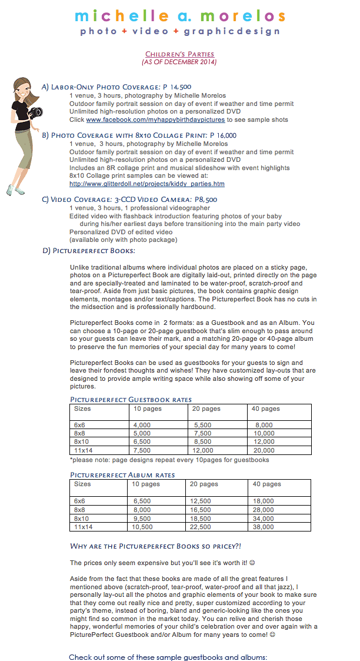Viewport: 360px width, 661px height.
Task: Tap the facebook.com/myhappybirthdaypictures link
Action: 155,119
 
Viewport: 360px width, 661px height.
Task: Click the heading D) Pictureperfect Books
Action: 88,251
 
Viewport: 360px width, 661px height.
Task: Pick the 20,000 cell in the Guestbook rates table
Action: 264,450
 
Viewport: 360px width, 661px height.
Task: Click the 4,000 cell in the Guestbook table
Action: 142,425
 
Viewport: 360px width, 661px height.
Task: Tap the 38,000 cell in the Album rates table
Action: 264,527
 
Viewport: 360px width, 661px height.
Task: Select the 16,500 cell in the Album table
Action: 200,510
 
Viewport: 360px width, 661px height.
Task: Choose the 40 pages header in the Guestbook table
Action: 266,408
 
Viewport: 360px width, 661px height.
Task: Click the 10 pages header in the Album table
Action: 146,484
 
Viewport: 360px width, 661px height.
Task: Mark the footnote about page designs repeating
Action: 169,460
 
